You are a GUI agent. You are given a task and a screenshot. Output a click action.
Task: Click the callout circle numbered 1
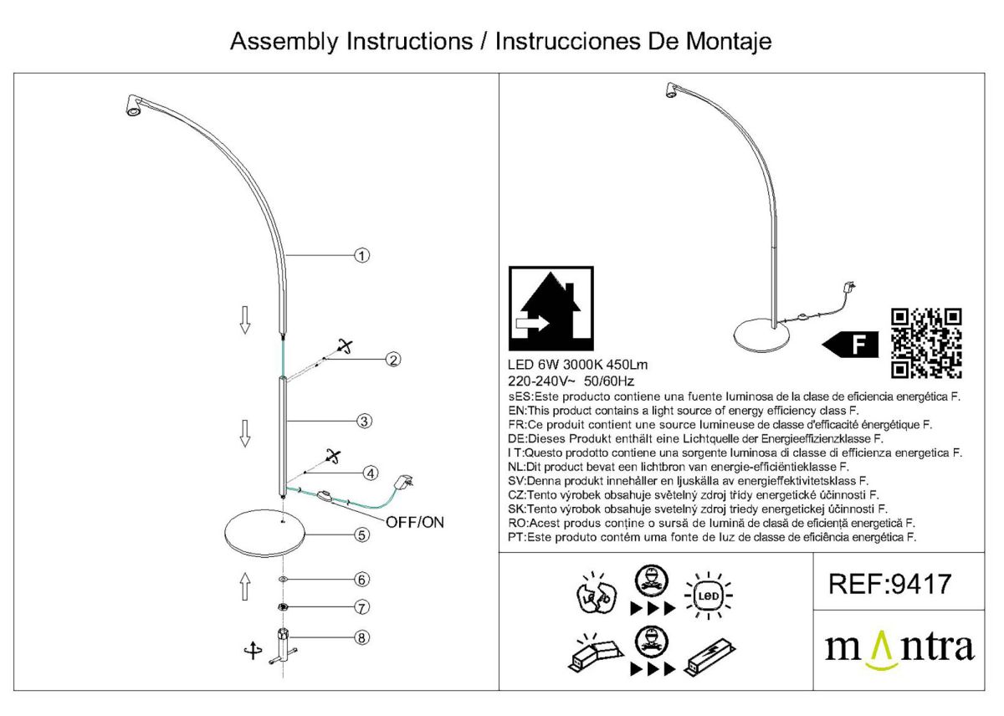361,255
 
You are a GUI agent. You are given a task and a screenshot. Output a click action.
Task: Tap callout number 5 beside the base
361,535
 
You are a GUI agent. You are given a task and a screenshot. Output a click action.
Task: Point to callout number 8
361,637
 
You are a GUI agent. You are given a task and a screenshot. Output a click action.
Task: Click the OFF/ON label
415,523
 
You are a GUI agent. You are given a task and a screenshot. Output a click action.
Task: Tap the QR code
926,343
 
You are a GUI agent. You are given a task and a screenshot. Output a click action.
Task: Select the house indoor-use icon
551,309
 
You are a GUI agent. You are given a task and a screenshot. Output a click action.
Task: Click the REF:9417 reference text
889,583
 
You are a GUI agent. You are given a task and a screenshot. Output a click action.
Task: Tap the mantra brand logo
899,650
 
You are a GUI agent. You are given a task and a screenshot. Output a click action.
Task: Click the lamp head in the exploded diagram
132,107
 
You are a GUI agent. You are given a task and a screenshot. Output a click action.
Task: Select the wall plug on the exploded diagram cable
403,484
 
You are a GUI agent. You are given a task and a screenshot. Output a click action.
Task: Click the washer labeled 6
283,579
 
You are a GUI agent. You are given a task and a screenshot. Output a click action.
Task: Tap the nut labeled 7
283,606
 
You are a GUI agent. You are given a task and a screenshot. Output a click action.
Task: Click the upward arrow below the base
245,586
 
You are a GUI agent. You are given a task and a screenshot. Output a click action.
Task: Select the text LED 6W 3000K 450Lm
577,365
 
